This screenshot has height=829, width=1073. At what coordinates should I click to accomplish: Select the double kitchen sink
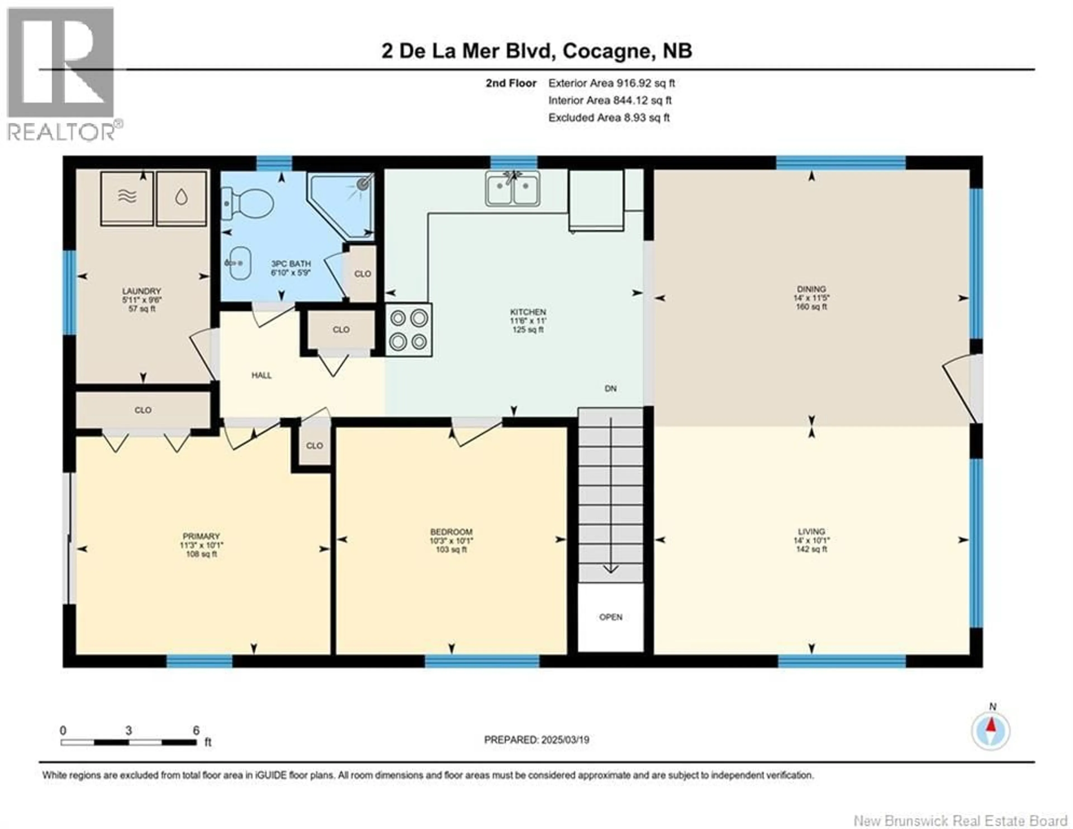513,188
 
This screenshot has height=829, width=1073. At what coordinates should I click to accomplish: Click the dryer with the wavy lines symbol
127,198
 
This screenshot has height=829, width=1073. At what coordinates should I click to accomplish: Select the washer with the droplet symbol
181,198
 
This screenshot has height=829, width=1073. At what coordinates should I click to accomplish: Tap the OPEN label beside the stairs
611,617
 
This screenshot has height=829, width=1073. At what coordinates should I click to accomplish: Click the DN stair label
610,388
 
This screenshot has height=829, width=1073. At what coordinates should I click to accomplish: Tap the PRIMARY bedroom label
201,536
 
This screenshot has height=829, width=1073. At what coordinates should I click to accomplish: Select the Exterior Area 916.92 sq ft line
611,83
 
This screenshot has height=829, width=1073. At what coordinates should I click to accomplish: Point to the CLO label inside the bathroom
363,274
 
